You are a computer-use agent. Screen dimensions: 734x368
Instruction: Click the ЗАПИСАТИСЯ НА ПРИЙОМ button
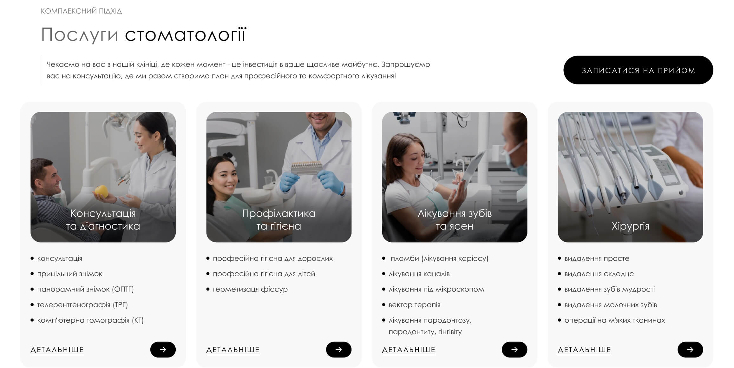638,70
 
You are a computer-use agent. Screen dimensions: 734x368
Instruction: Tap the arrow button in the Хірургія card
690,350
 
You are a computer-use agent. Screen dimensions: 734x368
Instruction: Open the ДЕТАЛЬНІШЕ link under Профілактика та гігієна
233,350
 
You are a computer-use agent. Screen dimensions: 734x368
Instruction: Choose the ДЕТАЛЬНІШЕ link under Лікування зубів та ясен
409,350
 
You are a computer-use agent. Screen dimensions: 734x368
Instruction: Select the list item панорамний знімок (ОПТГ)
85,289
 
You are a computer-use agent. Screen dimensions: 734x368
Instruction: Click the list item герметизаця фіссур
250,289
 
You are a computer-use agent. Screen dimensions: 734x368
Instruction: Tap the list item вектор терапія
415,305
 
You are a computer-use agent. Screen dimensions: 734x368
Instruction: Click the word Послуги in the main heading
80,35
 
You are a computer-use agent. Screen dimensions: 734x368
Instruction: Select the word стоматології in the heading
186,34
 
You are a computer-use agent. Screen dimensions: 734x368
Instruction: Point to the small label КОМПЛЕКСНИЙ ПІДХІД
82,11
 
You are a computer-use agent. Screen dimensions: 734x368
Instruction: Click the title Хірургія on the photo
630,226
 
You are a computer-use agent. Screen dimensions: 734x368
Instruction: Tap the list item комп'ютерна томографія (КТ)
90,320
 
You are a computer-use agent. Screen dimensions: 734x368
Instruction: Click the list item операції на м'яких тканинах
615,320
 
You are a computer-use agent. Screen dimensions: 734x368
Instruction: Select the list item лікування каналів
419,274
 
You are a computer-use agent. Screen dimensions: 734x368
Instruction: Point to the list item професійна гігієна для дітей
264,274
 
